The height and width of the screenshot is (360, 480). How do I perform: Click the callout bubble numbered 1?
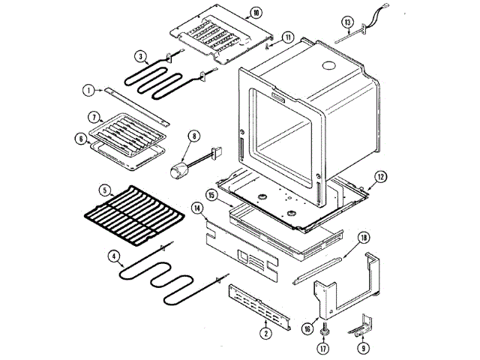click(x=88, y=91)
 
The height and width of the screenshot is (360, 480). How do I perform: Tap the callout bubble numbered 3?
click(x=140, y=55)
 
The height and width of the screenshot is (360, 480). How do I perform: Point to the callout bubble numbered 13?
click(x=369, y=21)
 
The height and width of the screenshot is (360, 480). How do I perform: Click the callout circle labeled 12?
click(x=380, y=177)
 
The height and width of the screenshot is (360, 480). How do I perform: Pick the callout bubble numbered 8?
click(x=194, y=136)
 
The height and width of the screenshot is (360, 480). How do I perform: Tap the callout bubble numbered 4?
click(x=114, y=256)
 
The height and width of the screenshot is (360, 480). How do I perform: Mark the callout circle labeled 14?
click(x=196, y=207)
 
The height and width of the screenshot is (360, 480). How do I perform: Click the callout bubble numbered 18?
click(x=364, y=237)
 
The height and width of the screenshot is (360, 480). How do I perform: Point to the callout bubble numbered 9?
click(x=363, y=348)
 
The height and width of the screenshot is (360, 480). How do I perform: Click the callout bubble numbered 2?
click(x=265, y=332)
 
